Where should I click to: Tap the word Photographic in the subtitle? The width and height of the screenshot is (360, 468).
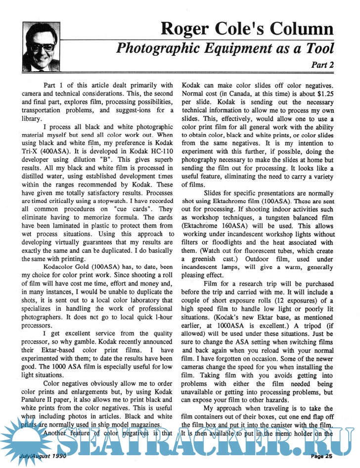[x=160, y=48]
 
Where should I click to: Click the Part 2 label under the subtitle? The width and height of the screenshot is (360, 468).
[x=322, y=64]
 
